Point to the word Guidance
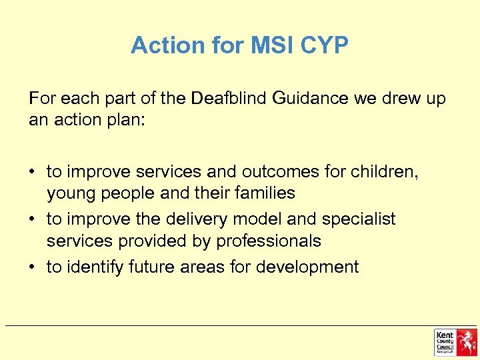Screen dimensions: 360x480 tap(311, 99)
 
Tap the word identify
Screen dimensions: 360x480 tap(93, 267)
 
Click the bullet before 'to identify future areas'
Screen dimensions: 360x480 tap(33, 267)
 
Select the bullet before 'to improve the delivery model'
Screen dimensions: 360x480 tap(33, 219)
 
